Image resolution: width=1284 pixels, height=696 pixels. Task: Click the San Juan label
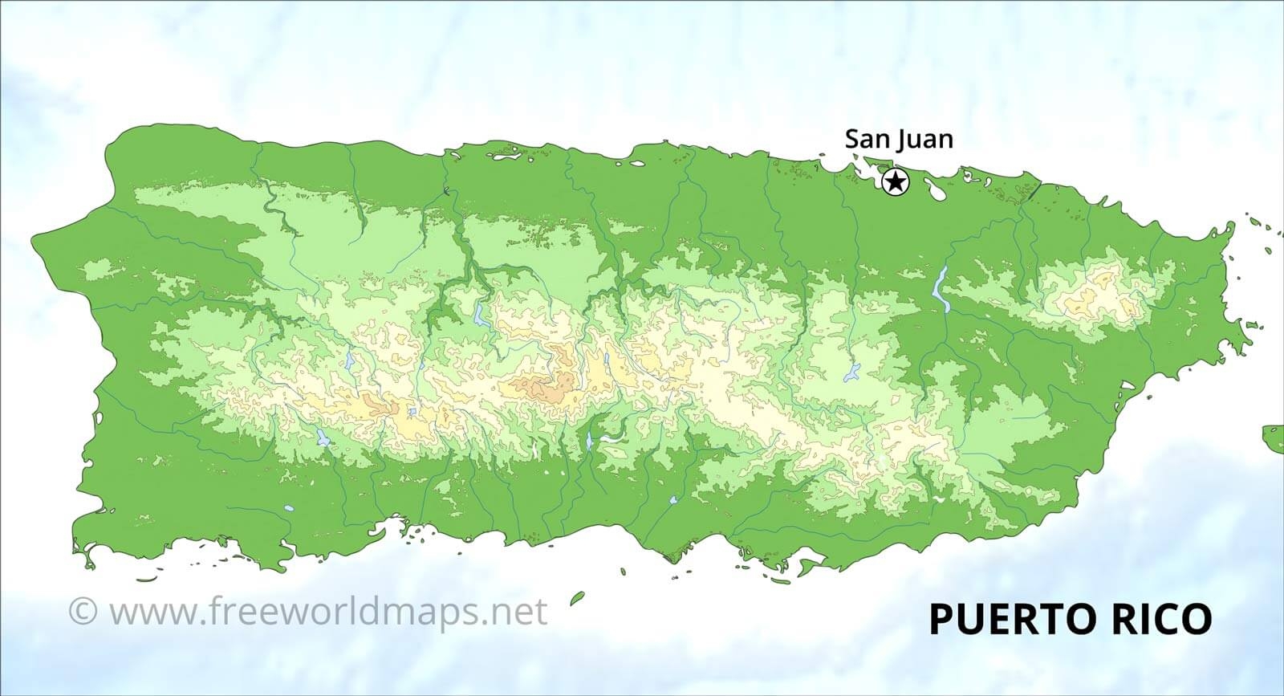[899, 139]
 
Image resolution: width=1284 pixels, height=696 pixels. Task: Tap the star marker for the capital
[895, 182]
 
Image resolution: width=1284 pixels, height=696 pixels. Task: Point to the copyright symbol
[82, 612]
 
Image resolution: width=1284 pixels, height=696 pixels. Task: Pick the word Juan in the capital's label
[924, 140]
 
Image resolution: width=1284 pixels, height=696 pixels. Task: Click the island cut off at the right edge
[1274, 438]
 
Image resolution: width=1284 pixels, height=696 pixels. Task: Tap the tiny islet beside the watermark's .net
[575, 598]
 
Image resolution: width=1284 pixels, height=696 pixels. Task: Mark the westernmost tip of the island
[34, 238]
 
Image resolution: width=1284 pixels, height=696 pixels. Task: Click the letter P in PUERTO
[940, 619]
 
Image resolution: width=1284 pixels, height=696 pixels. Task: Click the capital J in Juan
[902, 140]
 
